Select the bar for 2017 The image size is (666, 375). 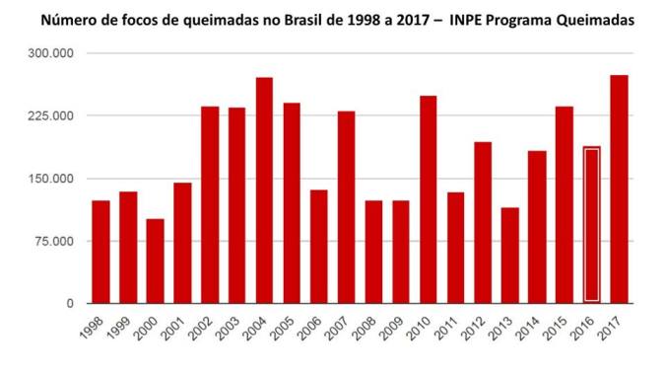coord(619,188)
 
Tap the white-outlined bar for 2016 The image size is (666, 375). coord(591,224)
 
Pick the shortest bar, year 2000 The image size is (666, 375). coord(155,261)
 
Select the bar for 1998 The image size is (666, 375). coord(100,252)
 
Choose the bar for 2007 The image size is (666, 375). coord(346,206)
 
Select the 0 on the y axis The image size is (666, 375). coord(69,303)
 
